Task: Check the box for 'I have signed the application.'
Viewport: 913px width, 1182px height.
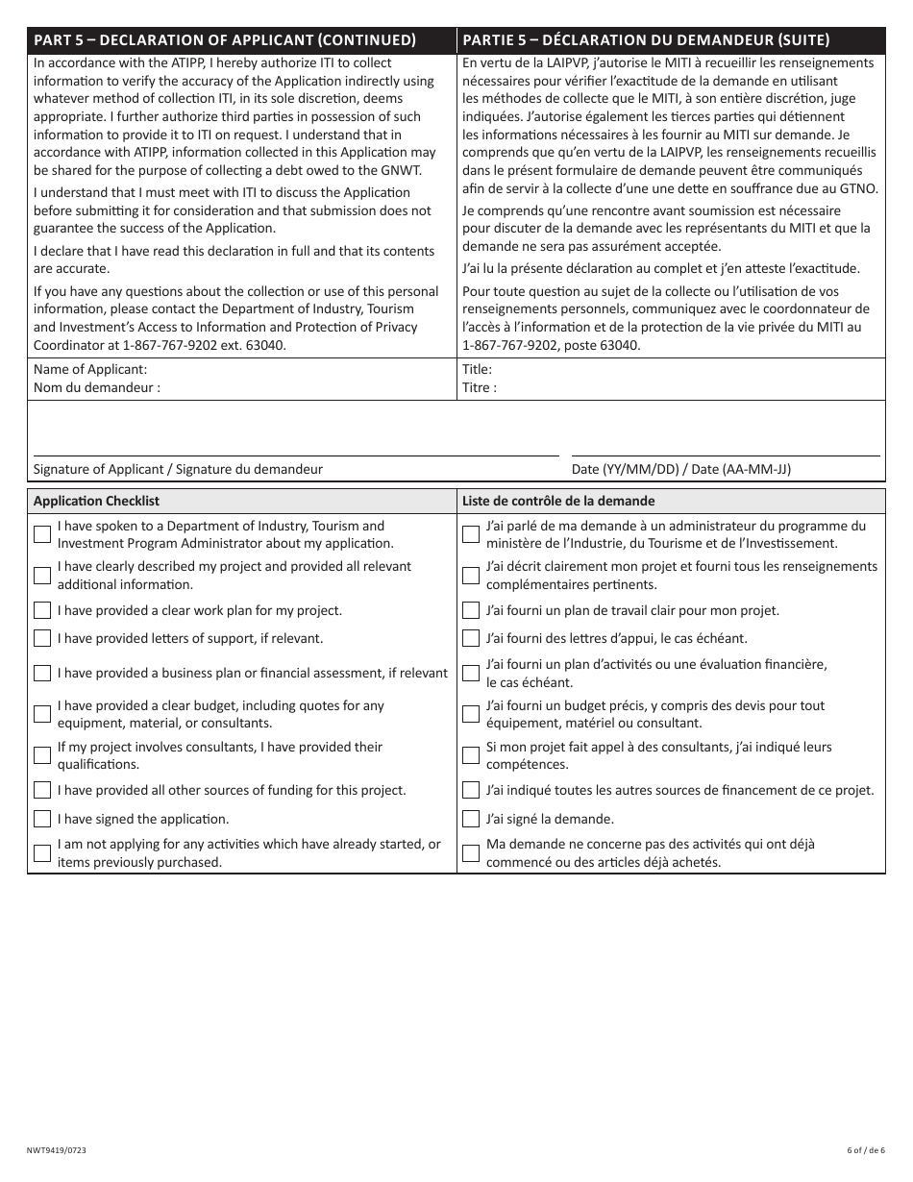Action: click(x=42, y=820)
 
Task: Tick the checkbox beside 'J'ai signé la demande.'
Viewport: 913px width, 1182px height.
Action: click(x=471, y=820)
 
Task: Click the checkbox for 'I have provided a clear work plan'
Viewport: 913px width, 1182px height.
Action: click(x=42, y=610)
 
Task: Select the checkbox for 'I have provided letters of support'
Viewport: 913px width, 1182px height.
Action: click(x=42, y=638)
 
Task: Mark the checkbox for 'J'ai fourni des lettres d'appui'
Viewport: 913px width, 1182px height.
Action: click(x=471, y=638)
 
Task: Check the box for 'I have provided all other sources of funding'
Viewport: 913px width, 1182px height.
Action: click(x=42, y=790)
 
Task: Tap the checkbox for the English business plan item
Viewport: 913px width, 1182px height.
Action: click(x=42, y=673)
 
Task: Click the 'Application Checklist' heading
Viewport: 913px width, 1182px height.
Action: click(x=96, y=501)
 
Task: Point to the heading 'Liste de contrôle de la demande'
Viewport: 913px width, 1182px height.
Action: click(x=558, y=501)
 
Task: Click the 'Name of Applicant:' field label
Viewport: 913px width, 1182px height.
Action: click(x=90, y=369)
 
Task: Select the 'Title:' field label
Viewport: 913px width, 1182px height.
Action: click(x=477, y=369)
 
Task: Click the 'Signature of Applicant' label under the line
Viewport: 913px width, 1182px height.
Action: click(x=178, y=469)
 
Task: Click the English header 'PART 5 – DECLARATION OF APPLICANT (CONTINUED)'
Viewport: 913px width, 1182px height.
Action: click(x=225, y=40)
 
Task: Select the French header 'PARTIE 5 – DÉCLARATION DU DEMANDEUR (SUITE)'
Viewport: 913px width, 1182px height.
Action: click(x=646, y=40)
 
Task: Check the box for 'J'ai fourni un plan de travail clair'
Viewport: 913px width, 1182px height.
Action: click(x=471, y=610)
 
